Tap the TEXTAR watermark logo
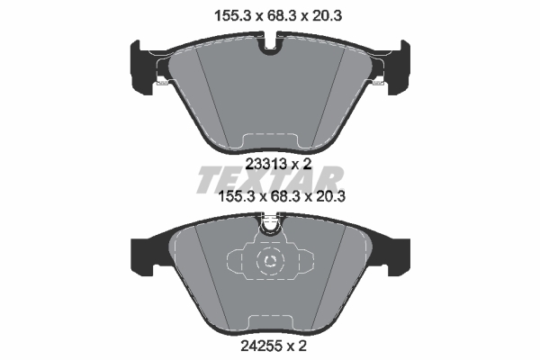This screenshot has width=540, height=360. tap(270, 179)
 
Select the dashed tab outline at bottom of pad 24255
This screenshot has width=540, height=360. tap(270, 322)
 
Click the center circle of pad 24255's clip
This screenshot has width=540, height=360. tap(270, 262)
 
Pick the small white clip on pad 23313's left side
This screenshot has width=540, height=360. tap(161, 83)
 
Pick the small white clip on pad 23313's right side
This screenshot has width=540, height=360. tap(378, 83)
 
